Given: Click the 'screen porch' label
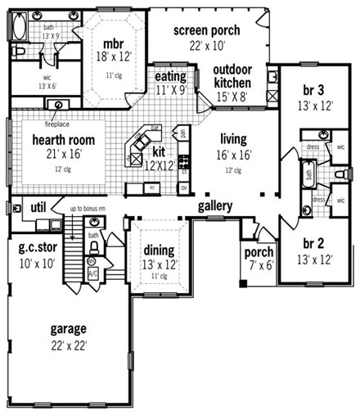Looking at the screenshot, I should tap(206, 30).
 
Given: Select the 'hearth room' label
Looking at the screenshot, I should tap(59, 140).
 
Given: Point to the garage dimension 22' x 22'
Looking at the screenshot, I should tap(68, 345).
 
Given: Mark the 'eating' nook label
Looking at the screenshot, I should tap(171, 77).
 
